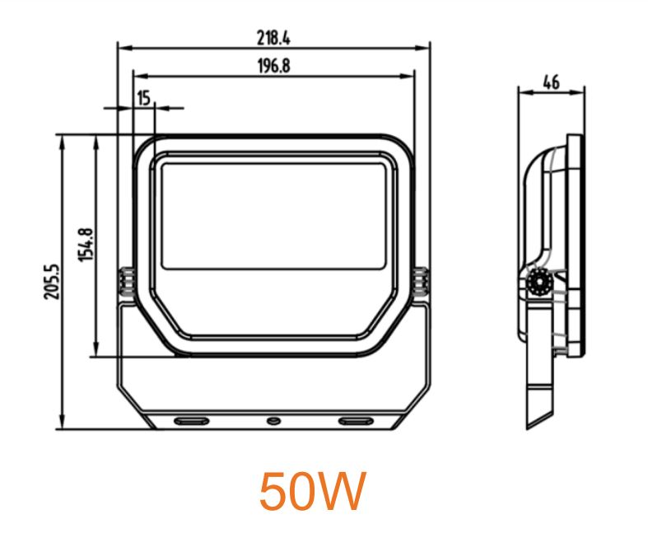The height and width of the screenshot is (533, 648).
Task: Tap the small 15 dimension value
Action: pyautogui.click(x=143, y=99)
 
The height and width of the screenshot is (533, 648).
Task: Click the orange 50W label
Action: pyautogui.click(x=312, y=492)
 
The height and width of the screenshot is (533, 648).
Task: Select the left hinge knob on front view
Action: pyautogui.click(x=125, y=282)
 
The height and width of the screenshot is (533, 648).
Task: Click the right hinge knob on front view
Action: pyautogui.click(x=422, y=282)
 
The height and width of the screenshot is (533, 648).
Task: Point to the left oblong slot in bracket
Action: pyautogui.click(x=190, y=422)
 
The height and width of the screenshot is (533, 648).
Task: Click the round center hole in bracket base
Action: pyautogui.click(x=273, y=422)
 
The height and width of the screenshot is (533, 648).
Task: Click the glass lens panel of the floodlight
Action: pyautogui.click(x=273, y=214)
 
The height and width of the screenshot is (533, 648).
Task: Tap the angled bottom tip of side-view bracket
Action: pyautogui.click(x=532, y=425)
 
